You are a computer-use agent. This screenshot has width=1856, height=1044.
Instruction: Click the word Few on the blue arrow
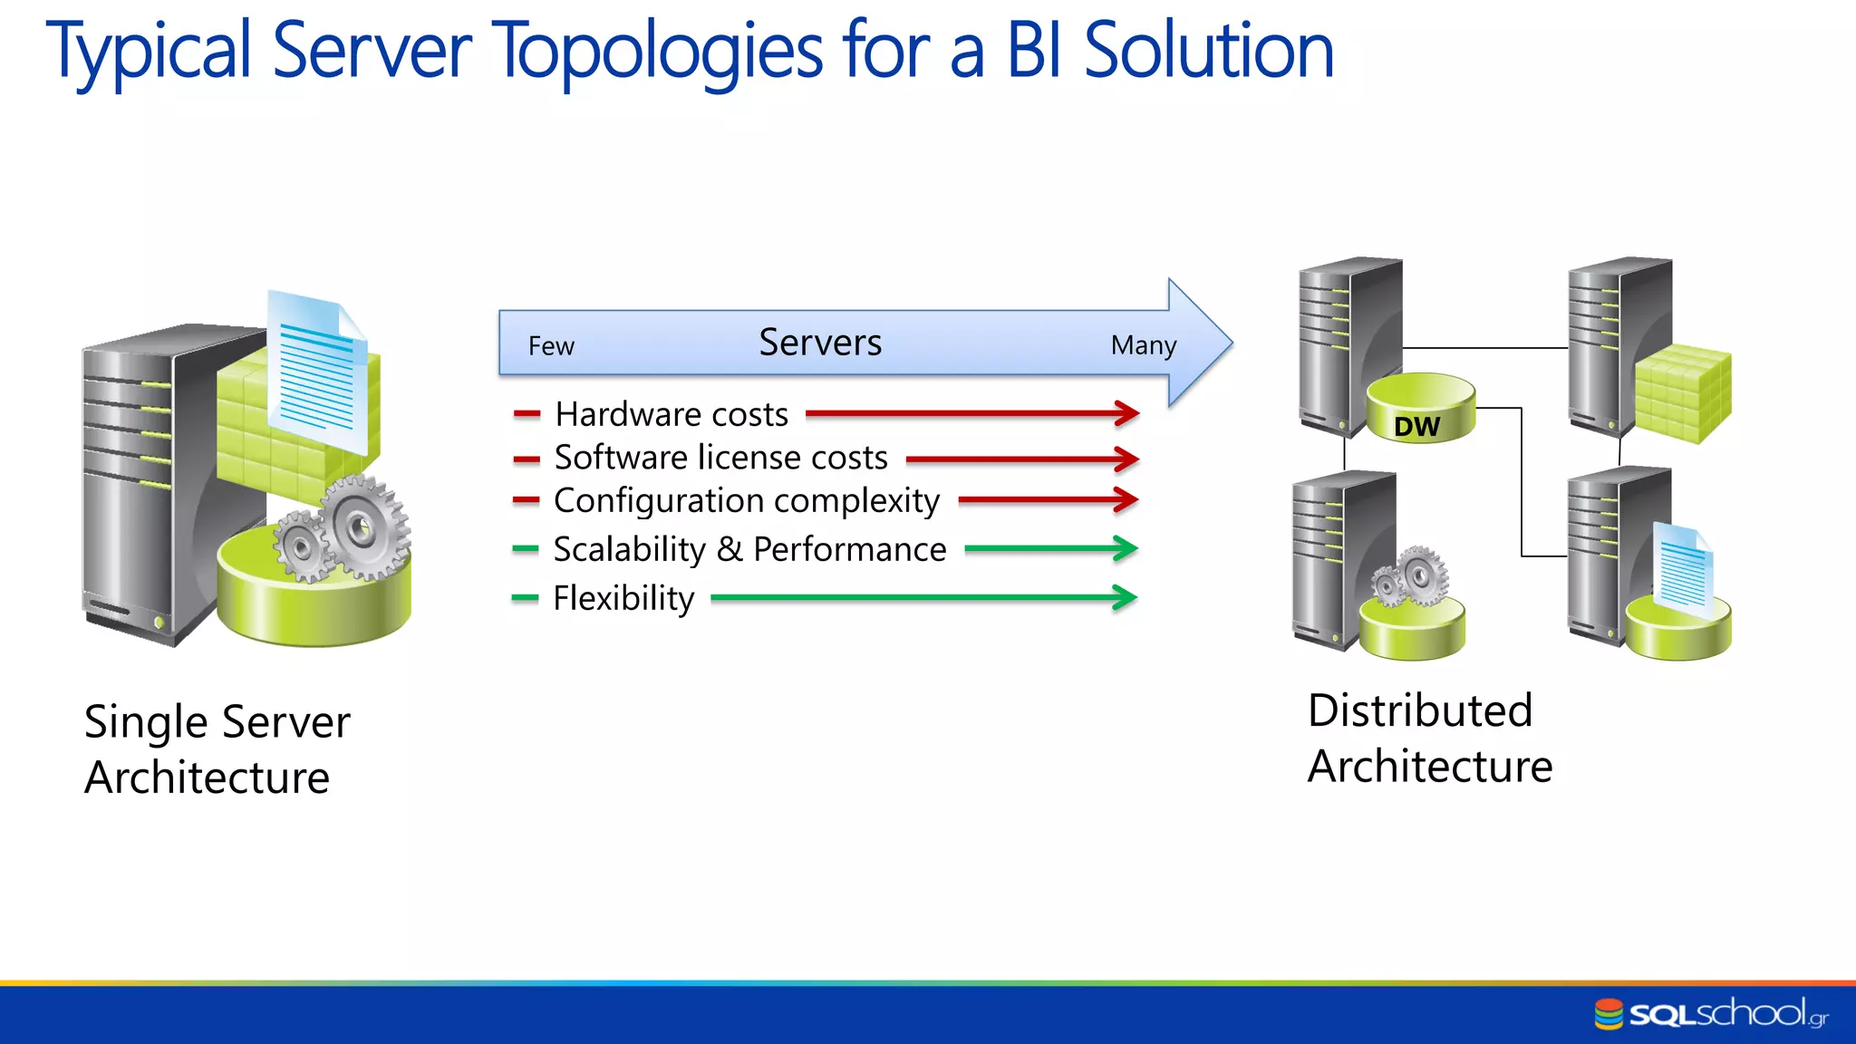point(551,346)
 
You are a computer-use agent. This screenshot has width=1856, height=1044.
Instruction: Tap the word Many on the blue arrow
point(1144,345)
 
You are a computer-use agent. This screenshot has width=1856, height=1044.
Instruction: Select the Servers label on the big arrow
point(820,343)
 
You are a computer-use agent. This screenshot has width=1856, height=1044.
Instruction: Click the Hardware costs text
point(672,414)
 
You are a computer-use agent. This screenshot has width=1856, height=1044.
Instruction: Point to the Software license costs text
point(720,458)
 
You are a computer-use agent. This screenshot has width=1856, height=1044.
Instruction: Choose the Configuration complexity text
point(747,501)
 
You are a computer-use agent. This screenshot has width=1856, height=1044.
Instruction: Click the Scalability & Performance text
point(749,549)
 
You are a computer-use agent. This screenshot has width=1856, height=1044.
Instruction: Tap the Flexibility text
point(623,598)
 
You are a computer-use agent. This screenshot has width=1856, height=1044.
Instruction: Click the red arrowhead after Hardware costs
point(1126,413)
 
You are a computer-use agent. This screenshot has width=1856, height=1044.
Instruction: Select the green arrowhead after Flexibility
point(1124,597)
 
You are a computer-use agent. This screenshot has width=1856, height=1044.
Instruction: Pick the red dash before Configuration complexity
point(526,500)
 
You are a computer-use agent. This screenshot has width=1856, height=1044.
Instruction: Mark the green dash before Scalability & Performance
point(526,548)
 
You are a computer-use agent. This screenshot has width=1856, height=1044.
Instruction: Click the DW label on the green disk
point(1416,427)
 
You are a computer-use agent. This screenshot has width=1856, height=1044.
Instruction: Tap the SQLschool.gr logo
point(1711,1013)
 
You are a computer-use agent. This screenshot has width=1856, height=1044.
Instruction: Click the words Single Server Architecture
point(216,749)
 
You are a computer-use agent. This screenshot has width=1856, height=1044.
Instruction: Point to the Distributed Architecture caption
point(1429,739)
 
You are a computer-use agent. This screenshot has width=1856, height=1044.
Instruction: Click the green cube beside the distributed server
point(1684,394)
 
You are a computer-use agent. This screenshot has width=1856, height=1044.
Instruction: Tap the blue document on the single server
point(318,372)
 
